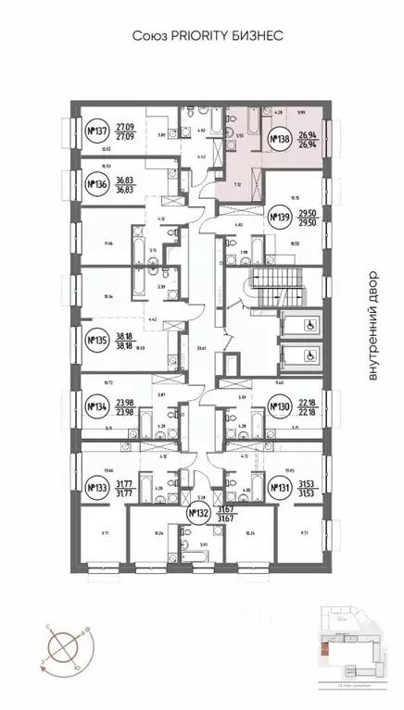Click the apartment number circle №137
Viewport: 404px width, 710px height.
coord(95,131)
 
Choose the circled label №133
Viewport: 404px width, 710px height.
coord(95,487)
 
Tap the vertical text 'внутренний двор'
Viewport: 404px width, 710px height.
coord(373,326)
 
